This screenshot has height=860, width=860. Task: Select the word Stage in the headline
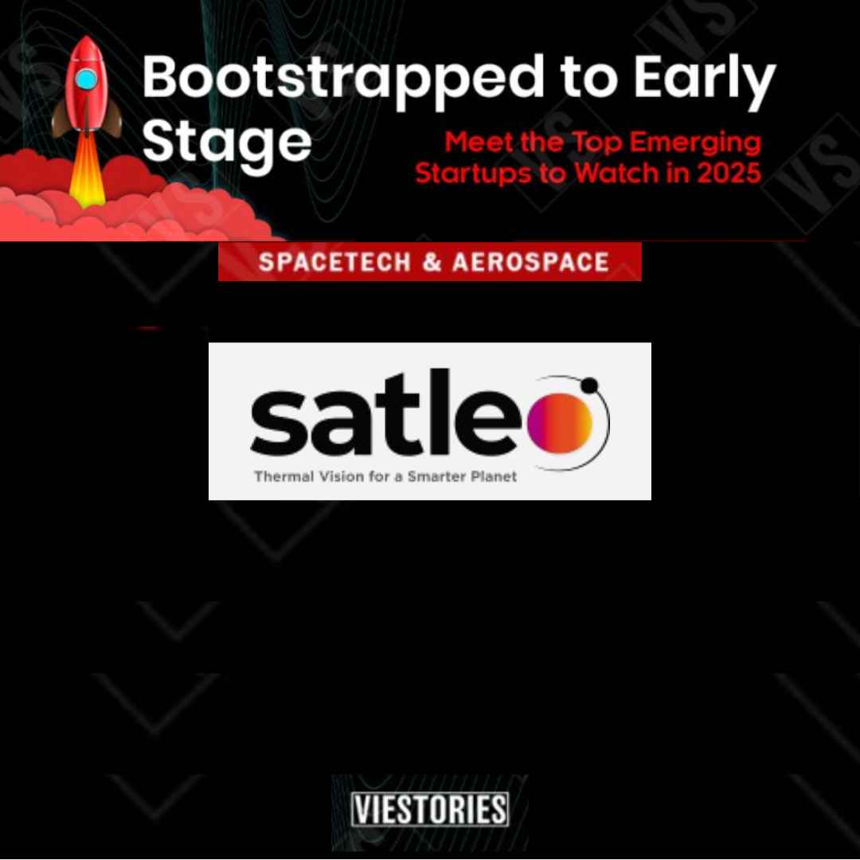point(227,143)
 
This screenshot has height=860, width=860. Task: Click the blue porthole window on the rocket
point(86,80)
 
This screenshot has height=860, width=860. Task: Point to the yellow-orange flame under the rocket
point(88,170)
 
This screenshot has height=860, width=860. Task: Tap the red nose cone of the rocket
point(87,49)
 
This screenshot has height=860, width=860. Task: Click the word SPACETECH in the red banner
point(334,262)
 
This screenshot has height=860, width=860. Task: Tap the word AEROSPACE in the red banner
point(530,262)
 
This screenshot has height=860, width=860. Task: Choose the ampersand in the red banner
point(432,262)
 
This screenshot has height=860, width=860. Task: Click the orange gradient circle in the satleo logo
point(560,424)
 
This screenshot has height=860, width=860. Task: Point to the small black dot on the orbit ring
point(589,385)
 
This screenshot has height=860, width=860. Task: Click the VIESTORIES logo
point(430,809)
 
